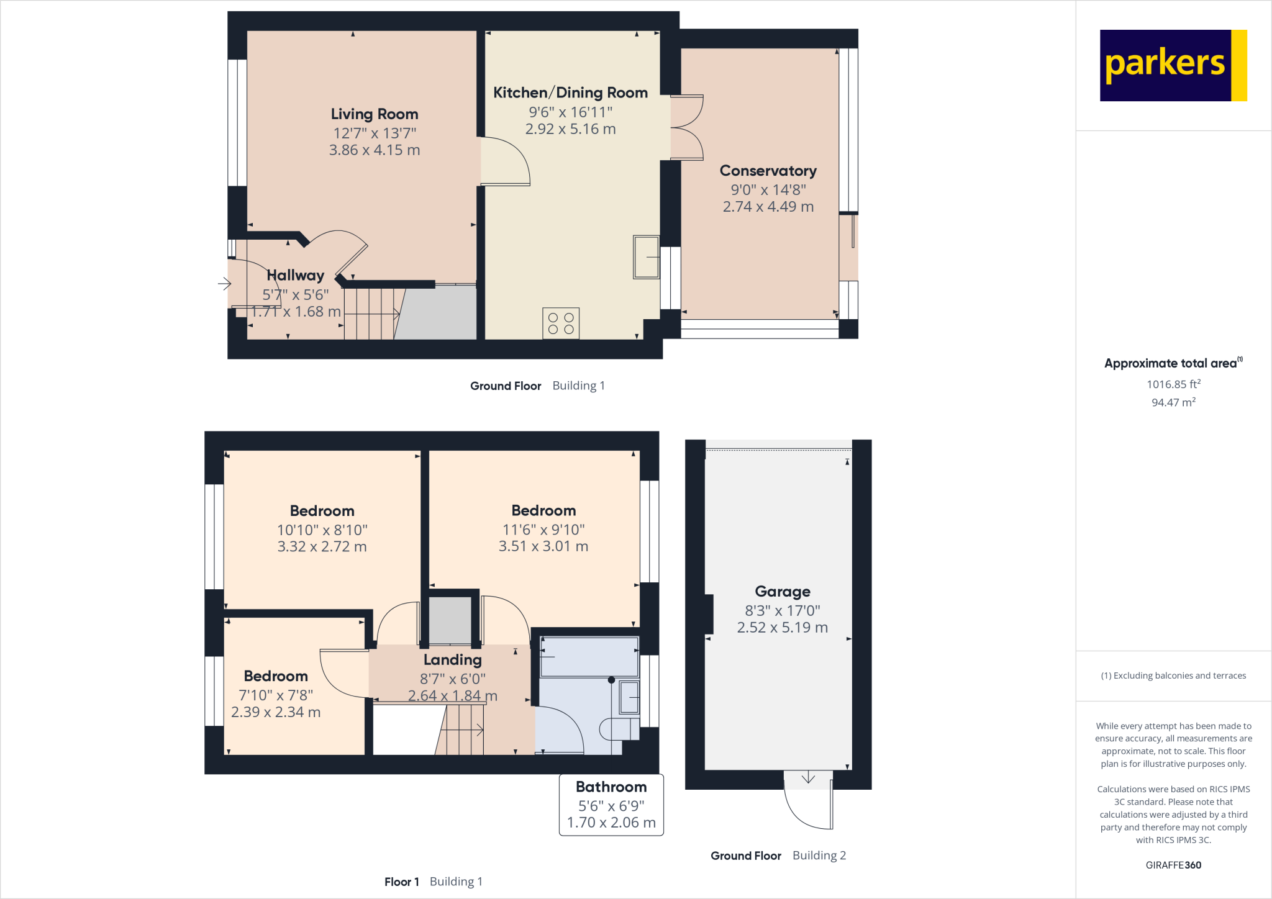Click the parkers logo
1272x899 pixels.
coord(1173,65)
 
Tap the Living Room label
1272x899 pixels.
coord(374,114)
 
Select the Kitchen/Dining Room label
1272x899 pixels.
coord(570,93)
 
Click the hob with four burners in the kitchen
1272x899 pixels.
coord(561,323)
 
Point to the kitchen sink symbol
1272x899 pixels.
coord(646,256)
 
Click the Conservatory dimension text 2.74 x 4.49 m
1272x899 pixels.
coord(768,207)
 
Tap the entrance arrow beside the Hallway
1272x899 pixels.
coord(224,284)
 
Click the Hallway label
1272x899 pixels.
coord(296,275)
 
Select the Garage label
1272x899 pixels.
coord(782,592)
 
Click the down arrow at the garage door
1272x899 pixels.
coord(808,778)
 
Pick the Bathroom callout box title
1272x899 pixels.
coord(611,787)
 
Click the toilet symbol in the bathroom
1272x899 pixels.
coord(618,729)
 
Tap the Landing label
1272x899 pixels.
coord(452,660)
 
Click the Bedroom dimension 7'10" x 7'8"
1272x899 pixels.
coord(276,695)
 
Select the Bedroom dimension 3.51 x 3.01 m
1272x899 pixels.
coord(543,546)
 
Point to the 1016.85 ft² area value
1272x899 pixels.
coord(1173,384)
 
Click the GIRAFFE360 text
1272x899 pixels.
coord(1173,865)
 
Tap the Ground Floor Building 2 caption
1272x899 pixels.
coord(778,856)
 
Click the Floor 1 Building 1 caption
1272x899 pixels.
coord(433,882)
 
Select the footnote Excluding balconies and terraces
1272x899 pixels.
coord(1173,675)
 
